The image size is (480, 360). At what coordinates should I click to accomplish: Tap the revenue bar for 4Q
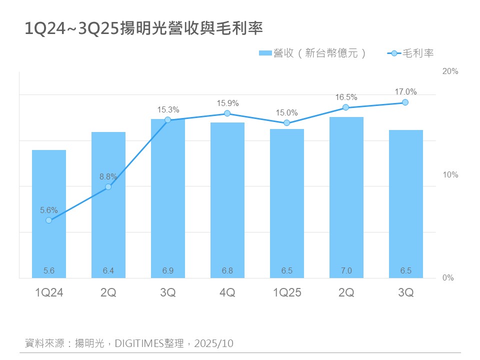point(227,200)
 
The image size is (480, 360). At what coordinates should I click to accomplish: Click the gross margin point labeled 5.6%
point(48,220)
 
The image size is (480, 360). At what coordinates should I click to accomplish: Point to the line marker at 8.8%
point(108,186)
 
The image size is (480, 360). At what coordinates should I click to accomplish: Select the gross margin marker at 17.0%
point(405,102)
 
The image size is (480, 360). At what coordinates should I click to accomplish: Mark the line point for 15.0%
point(286,122)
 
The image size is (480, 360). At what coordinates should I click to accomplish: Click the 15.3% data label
point(168,109)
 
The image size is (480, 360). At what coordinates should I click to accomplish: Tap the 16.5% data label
point(346,97)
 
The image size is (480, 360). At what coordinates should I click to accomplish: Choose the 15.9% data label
point(227,103)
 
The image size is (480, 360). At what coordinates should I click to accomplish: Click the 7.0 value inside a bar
point(346,271)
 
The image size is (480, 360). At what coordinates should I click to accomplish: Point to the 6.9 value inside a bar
point(168,271)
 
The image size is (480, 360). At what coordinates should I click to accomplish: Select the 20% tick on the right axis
point(450,71)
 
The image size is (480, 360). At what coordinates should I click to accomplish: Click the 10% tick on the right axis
point(450,175)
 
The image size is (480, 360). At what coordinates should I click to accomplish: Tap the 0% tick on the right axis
point(448,278)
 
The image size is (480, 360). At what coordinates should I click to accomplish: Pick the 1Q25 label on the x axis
point(287,293)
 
